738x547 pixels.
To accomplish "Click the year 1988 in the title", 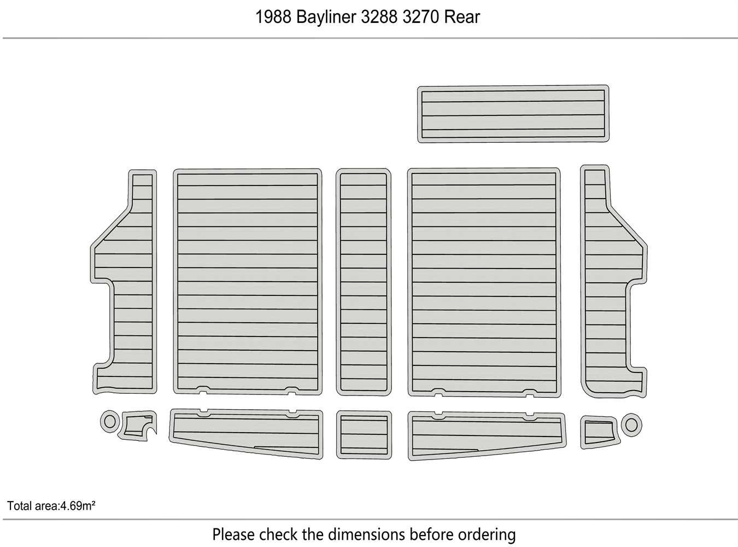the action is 273,17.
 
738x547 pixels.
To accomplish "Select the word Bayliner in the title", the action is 326,18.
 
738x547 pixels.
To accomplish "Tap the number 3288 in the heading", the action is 379,17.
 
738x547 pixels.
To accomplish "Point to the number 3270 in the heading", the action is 421,17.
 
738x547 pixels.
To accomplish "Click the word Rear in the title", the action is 462,17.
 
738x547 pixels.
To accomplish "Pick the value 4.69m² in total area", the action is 78,506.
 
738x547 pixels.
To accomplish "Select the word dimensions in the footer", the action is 366,534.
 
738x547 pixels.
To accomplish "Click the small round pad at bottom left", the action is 110,422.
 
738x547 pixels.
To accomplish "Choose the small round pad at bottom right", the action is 631,424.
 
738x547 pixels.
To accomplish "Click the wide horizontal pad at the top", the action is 513,114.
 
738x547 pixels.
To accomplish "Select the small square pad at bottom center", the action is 364,435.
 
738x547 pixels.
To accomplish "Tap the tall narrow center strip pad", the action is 364,282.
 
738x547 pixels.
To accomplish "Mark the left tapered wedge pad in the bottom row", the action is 246,433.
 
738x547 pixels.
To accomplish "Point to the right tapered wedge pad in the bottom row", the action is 487,435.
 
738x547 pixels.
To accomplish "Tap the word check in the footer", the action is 278,534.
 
